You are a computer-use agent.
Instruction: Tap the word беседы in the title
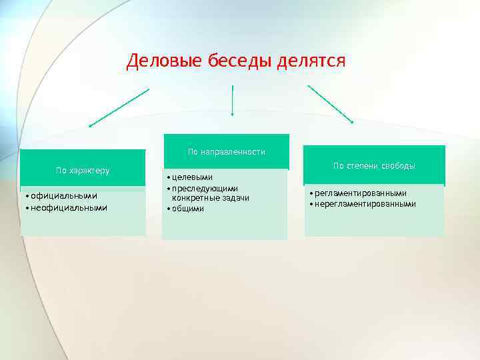235,61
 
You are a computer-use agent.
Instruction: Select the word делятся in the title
309,61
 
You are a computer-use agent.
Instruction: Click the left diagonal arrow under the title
119,107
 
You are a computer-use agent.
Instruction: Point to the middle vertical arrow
232,101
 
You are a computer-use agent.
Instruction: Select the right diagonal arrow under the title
330,104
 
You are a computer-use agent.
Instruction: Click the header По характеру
83,171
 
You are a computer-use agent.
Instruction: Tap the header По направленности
226,152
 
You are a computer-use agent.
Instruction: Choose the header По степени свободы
374,165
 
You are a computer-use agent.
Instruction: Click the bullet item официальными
64,196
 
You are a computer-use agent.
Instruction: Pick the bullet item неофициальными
69,207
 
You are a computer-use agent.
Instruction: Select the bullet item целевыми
191,177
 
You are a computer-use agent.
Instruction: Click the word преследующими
205,189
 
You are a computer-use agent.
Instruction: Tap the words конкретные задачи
211,199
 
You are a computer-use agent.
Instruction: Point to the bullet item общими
189,209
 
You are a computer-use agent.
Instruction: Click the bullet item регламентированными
360,193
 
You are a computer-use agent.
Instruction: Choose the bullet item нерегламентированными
365,204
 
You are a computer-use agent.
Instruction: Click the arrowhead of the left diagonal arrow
91,125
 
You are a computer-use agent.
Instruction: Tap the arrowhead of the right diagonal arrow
351,121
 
